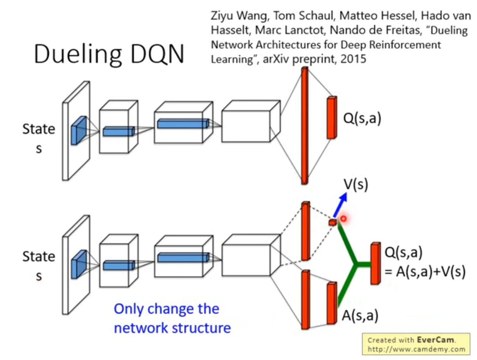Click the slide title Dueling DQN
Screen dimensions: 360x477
(x=109, y=54)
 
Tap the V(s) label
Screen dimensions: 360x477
(x=355, y=184)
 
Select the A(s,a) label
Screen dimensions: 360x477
(x=360, y=315)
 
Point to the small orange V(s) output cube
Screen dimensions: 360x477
(x=333, y=222)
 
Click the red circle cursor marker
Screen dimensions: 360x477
(x=343, y=219)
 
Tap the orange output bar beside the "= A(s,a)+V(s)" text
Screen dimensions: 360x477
(x=376, y=263)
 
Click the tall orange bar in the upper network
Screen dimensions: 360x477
(x=305, y=126)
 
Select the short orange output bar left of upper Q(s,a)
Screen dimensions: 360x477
(x=331, y=118)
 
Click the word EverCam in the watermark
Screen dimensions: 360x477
(x=435, y=340)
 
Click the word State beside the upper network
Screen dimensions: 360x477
(x=39, y=129)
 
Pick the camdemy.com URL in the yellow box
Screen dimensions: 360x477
(x=416, y=349)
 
